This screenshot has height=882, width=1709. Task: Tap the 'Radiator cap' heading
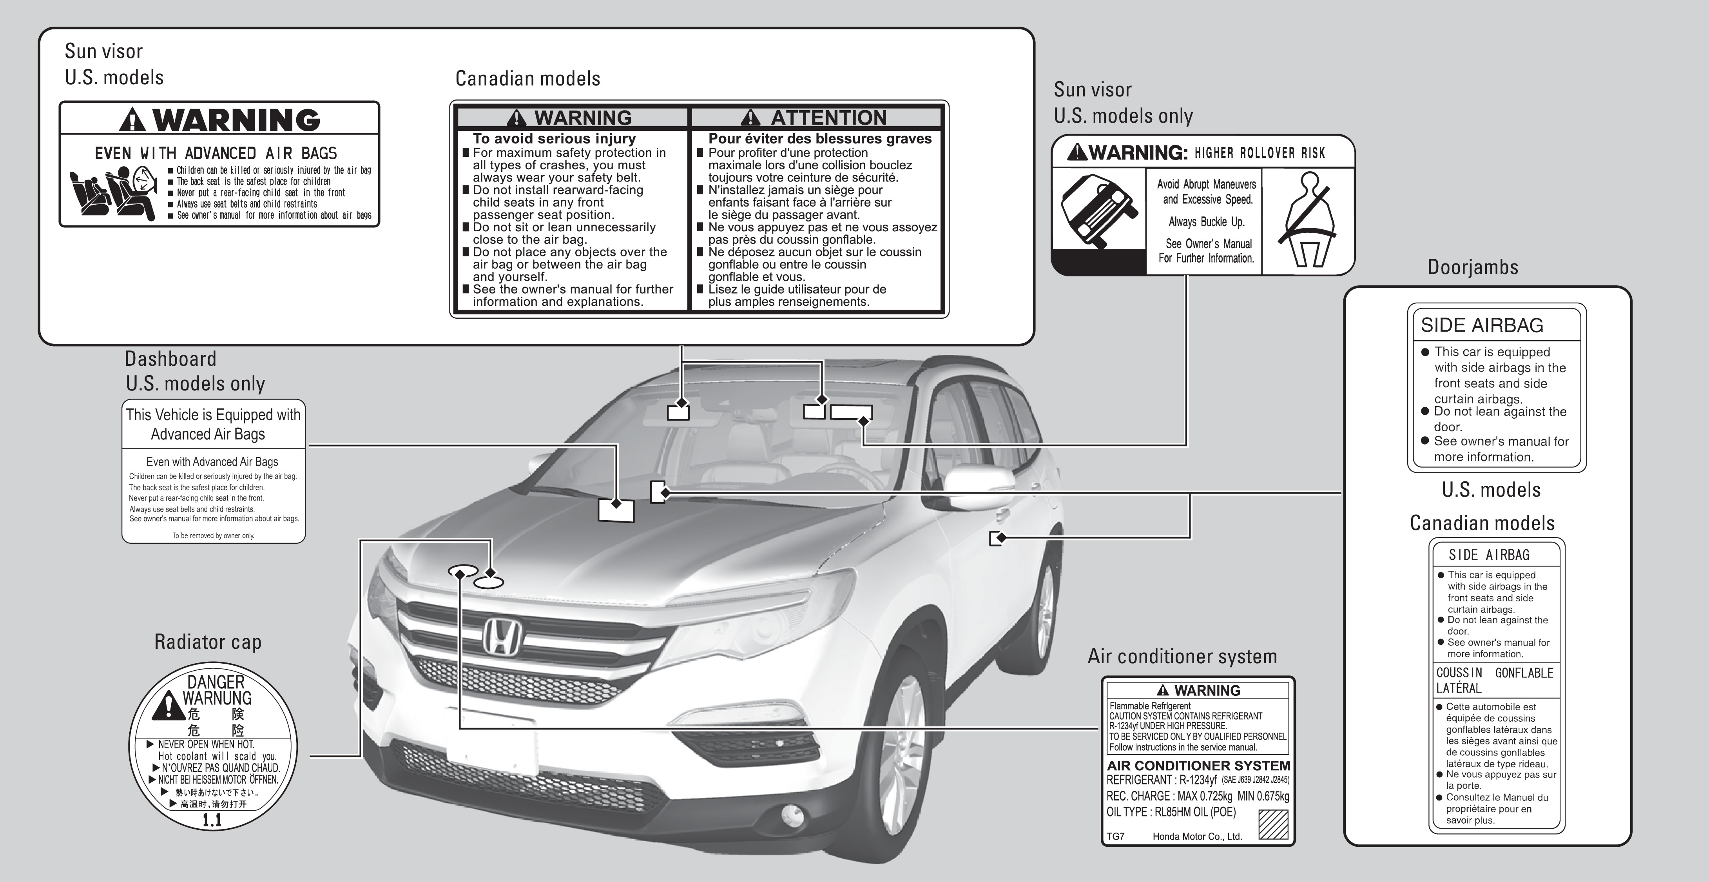coord(208,642)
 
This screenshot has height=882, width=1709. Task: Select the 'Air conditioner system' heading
coord(1182,656)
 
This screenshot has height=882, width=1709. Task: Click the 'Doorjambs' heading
coord(1473,267)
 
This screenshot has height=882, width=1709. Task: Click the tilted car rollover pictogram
coord(1099,211)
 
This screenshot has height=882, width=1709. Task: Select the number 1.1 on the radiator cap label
coord(212,820)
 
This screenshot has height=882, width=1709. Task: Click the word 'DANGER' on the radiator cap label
coord(216,682)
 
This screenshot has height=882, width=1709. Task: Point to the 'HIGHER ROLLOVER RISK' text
coord(1259,153)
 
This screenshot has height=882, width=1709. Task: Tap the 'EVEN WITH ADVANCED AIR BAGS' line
coord(216,153)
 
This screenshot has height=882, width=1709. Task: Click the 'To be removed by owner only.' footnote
coord(213,535)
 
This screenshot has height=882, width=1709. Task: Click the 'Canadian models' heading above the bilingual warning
coord(527,79)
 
